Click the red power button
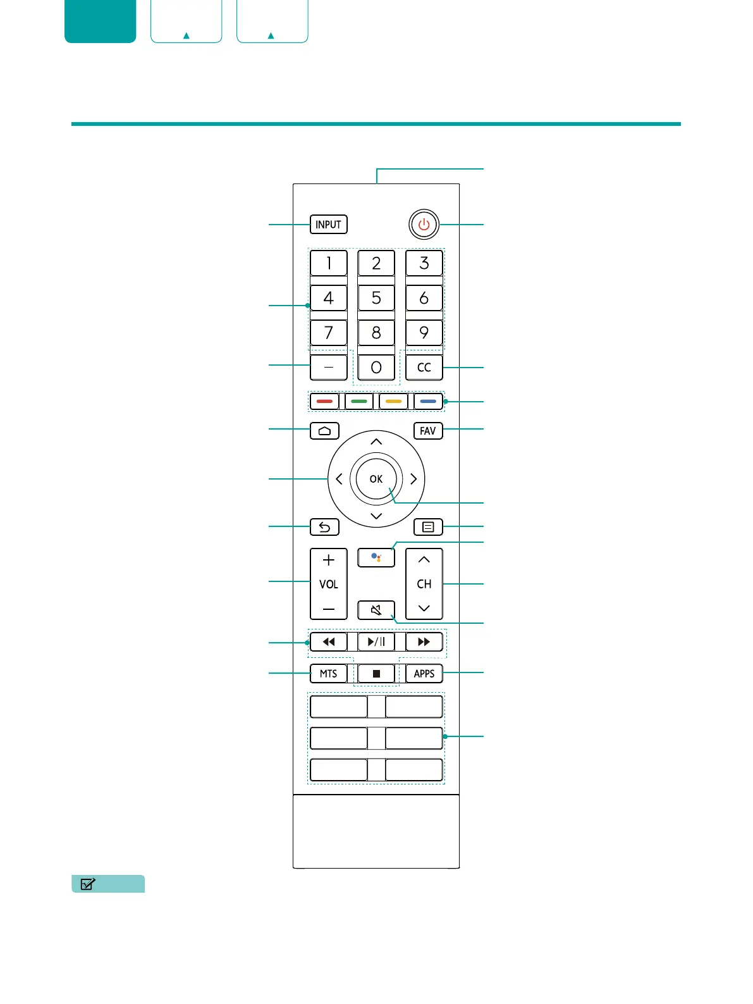point(424,225)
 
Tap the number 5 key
point(376,298)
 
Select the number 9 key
point(424,333)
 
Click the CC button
point(424,368)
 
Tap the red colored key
point(324,401)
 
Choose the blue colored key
point(428,401)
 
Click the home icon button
point(324,431)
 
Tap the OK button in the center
point(376,479)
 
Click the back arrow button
point(324,527)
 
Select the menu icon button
point(428,527)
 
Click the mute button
point(376,610)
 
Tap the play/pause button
point(376,641)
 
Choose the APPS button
point(424,674)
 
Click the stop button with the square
point(376,674)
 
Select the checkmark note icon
point(89,884)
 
